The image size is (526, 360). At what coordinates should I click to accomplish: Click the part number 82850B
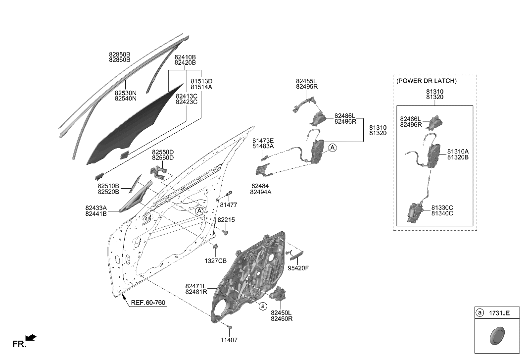pyautogui.click(x=119, y=54)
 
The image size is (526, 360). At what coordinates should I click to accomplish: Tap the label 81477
pyautogui.click(x=228, y=205)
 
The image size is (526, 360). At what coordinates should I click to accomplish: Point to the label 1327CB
pyautogui.click(x=216, y=260)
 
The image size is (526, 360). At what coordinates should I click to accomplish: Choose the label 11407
pyautogui.click(x=229, y=340)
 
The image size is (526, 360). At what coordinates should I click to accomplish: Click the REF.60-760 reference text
pyautogui.click(x=147, y=303)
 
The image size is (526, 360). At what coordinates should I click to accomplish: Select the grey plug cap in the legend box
pyautogui.click(x=496, y=337)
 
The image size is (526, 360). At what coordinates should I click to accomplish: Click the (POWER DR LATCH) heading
pyautogui.click(x=426, y=81)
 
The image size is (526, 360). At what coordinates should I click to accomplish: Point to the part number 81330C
pyautogui.click(x=442, y=207)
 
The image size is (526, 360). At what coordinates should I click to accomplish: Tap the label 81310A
pyautogui.click(x=458, y=151)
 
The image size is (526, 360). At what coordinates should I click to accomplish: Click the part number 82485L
pyautogui.click(x=306, y=81)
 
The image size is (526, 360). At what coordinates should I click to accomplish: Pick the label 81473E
pyautogui.click(x=263, y=141)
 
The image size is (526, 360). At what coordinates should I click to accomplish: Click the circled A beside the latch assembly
pyautogui.click(x=333, y=147)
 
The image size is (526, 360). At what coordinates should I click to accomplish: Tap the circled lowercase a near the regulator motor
pyautogui.click(x=263, y=307)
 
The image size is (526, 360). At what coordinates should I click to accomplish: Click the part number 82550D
pyautogui.click(x=163, y=152)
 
